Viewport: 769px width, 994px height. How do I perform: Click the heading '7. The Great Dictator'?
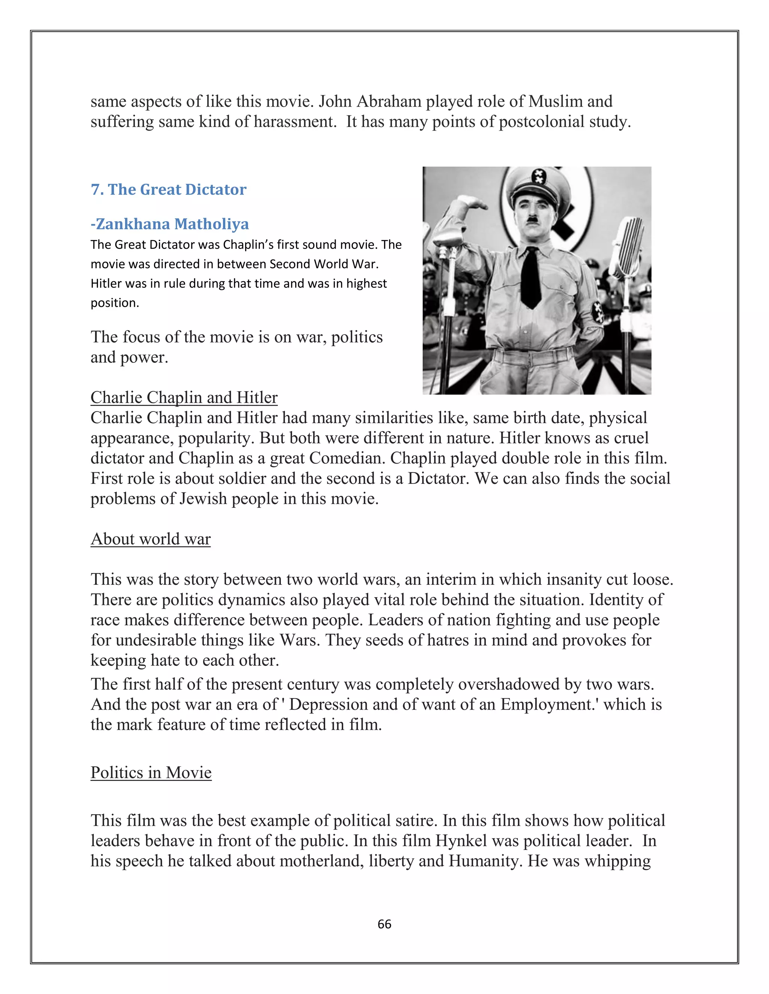pos(169,189)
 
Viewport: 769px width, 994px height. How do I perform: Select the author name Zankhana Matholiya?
pos(170,224)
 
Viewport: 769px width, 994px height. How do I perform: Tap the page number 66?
pos(384,924)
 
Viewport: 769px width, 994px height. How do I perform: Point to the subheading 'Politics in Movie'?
pos(151,772)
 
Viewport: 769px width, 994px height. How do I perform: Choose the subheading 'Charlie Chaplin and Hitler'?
pos(184,397)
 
